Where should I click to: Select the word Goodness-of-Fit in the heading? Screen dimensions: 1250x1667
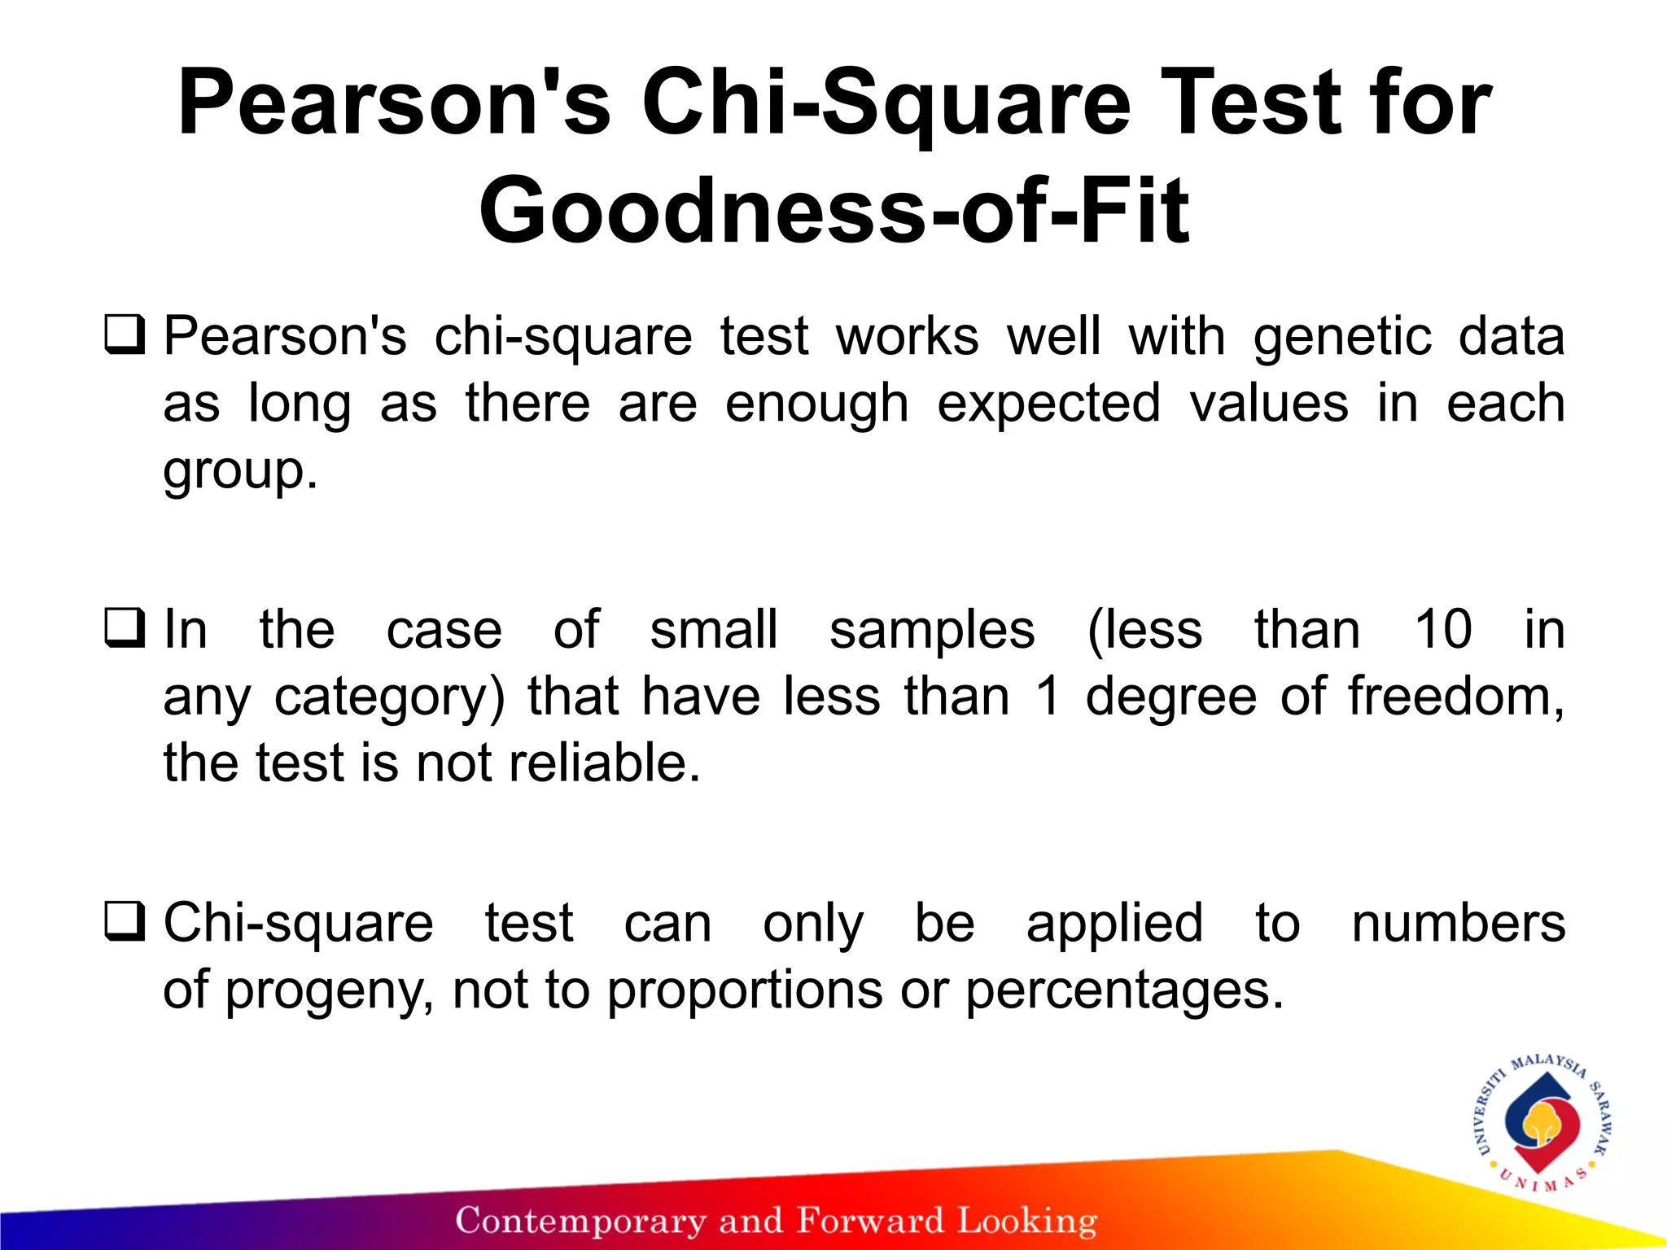point(833,210)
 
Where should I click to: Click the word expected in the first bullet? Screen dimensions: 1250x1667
point(1048,404)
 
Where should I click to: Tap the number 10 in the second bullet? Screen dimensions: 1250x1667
point(1442,630)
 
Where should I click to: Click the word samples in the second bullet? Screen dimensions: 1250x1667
point(932,630)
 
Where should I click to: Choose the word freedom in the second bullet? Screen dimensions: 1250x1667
point(1454,697)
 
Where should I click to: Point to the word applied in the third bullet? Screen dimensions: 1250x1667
point(1114,924)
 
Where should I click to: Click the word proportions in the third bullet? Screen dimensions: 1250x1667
point(745,991)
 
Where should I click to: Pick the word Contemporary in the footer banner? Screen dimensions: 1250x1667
point(580,1221)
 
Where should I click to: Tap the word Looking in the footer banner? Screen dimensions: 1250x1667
point(1026,1221)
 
